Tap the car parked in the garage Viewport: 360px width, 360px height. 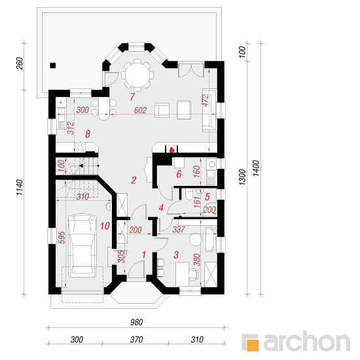coord(82,245)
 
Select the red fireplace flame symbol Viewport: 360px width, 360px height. coord(171,150)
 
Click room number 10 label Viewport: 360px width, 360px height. coord(105,226)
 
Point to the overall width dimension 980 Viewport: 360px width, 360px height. coord(137,322)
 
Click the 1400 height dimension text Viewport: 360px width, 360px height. coord(256,168)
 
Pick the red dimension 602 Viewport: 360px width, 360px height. coord(140,111)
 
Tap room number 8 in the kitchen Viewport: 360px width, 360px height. coord(88,134)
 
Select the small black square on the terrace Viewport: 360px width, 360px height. coord(53,65)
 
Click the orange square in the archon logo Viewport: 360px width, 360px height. coord(252,346)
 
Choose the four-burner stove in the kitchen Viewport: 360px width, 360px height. coord(80,147)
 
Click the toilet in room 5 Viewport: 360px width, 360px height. coord(189,194)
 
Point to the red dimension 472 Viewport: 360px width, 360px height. coord(206,100)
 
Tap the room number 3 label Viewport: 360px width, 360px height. coord(176,255)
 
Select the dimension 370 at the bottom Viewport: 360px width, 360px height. coord(136,340)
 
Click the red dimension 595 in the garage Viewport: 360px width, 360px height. coord(62,238)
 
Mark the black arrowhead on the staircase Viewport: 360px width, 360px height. coord(81,166)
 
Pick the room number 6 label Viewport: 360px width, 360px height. coord(179,174)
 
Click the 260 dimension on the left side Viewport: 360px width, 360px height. coord(20,63)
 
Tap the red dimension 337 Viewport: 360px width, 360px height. coord(179,229)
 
